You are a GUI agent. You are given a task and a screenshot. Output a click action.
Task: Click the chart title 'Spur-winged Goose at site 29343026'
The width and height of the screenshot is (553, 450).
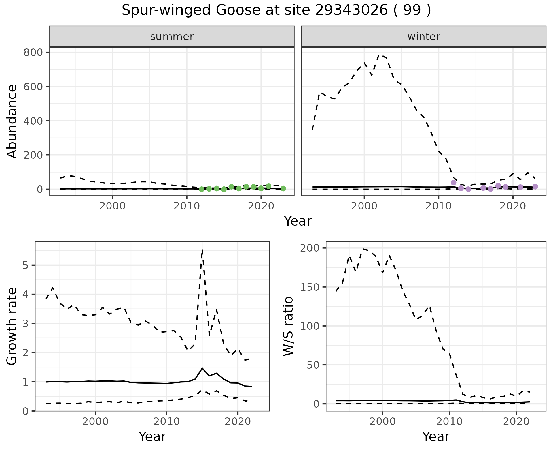click(x=276, y=10)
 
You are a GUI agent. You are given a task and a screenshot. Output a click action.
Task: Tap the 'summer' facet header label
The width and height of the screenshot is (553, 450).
click(x=172, y=37)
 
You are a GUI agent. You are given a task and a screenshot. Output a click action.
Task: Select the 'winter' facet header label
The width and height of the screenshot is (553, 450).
click(x=424, y=37)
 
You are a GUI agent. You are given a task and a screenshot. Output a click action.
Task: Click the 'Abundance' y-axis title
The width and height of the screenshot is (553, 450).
click(x=12, y=121)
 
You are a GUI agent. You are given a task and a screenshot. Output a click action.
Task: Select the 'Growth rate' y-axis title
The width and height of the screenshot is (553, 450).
click(x=12, y=327)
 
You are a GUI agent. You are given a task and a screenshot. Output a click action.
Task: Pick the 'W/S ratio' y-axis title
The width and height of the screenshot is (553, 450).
click(x=288, y=327)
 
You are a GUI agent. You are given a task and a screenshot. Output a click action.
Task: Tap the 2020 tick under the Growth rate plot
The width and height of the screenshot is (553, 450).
click(x=238, y=421)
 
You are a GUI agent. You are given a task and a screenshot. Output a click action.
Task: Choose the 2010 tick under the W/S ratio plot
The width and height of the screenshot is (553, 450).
click(x=449, y=421)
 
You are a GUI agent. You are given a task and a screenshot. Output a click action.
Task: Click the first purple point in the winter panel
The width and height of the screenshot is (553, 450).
click(x=453, y=182)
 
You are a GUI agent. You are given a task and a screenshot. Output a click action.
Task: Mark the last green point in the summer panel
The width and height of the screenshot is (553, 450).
click(x=283, y=188)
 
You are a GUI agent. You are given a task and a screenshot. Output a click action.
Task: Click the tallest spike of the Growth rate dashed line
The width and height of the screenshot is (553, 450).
click(x=202, y=250)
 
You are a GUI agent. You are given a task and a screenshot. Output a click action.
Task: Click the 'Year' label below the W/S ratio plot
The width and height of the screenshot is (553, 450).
click(x=436, y=437)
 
